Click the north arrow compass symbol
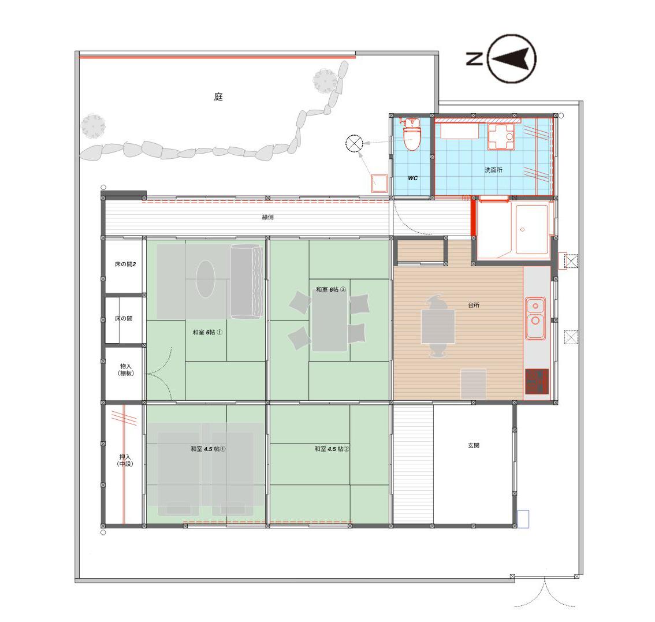tap(512, 58)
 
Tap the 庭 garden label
tap(218, 97)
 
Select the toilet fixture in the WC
tap(412, 135)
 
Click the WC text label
tap(412, 178)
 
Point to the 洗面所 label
tap(493, 170)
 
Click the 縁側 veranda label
tap(268, 217)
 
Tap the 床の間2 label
tap(125, 264)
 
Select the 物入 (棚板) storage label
tap(126, 370)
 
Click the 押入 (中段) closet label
tap(125, 460)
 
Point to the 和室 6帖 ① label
tap(207, 332)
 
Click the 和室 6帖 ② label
tap(331, 289)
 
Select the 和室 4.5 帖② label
tap(332, 449)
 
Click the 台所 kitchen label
tap(474, 306)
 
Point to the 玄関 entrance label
tap(474, 445)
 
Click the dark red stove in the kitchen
tap(537, 381)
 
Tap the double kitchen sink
tap(535, 318)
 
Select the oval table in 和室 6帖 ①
tap(206, 278)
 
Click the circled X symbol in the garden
tap(354, 143)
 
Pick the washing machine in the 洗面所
tap(501, 137)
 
